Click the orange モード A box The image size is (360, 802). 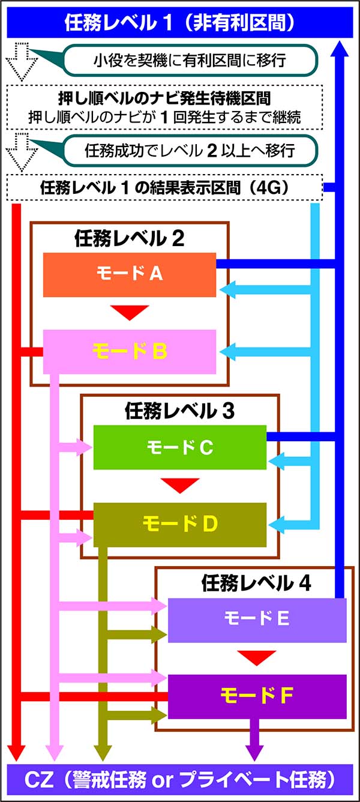point(129,274)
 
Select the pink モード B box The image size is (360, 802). point(129,351)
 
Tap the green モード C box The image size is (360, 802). point(179,447)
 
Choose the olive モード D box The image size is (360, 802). point(179,525)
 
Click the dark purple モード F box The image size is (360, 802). point(257,696)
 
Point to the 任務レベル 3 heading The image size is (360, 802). point(179,411)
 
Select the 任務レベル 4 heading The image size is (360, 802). point(257,583)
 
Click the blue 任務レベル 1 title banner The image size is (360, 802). point(179,23)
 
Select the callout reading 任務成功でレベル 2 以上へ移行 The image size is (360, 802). point(189,149)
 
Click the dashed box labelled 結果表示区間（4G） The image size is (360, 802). point(165,187)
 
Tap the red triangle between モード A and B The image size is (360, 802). point(129,312)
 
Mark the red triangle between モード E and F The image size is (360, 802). point(257,657)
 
